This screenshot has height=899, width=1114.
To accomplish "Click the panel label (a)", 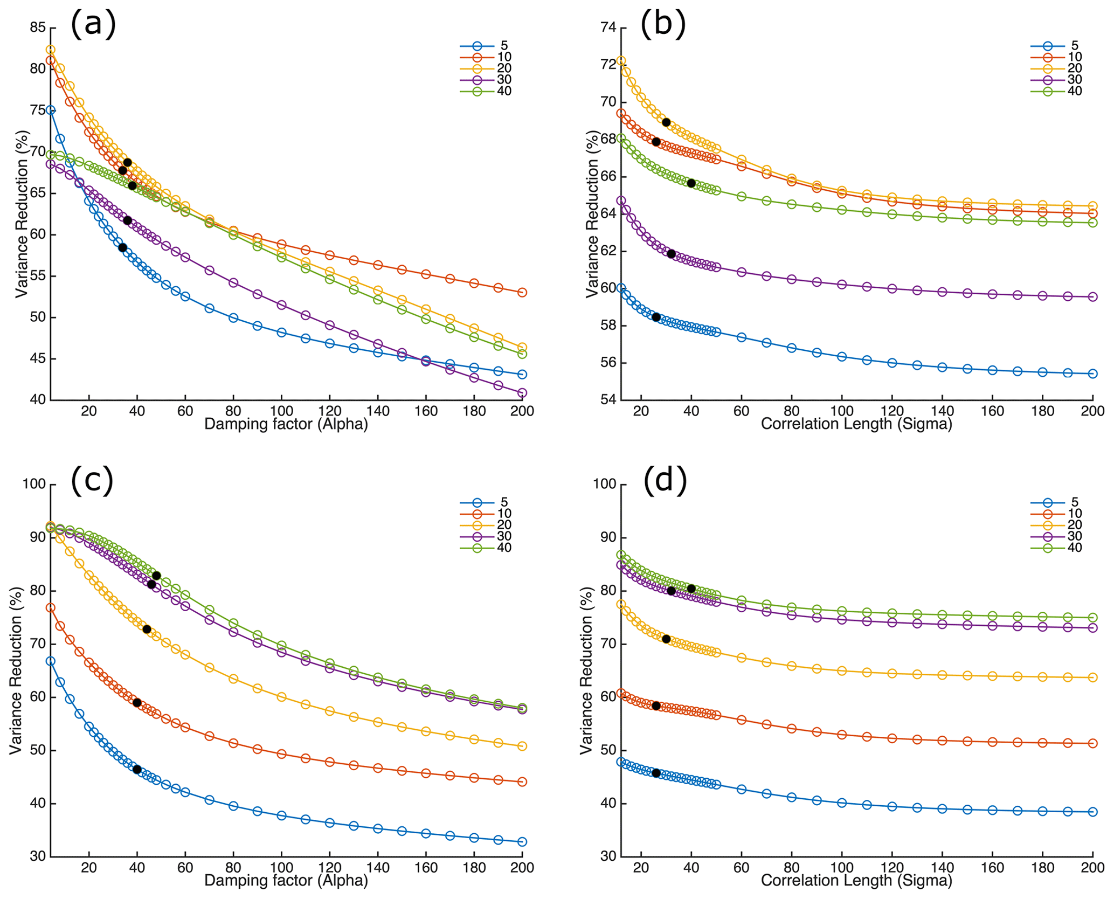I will coord(93,24).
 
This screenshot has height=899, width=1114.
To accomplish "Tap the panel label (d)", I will coord(665,480).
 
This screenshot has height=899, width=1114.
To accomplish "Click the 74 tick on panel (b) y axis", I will coord(608,27).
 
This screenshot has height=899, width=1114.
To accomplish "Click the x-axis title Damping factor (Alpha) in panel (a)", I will coord(286,424).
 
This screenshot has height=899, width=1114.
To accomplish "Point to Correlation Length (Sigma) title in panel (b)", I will coord(856,424).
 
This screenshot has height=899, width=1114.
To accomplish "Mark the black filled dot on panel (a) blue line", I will coord(122,247).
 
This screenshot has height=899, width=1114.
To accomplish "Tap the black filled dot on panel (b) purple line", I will coord(671,254).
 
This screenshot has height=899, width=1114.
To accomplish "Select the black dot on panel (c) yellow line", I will coord(147,629).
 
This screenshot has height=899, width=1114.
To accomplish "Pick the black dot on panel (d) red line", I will coord(656,706).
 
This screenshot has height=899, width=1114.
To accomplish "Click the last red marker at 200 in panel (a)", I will coord(522,292).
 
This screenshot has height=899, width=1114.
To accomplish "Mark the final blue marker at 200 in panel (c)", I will coord(522,841).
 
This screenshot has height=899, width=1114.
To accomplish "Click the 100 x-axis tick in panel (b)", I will coord(842,411).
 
